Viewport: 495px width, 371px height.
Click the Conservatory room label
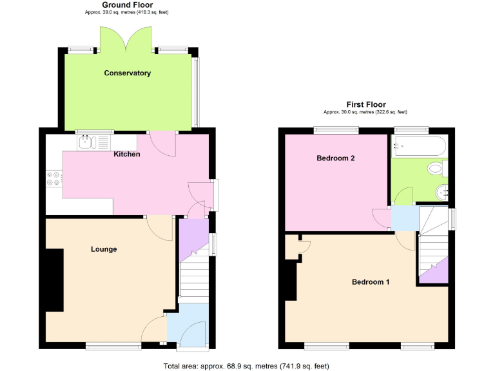[128, 73]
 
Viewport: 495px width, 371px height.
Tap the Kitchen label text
[127, 155]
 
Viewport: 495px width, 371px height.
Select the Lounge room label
[104, 249]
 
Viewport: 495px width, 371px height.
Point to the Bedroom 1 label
[371, 282]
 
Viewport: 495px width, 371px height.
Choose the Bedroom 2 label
[336, 158]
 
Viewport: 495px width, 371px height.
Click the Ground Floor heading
[128, 5]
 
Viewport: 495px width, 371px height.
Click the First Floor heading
[366, 104]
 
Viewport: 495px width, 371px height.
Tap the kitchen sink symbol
[93, 142]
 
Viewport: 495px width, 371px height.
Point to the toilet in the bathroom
[437, 169]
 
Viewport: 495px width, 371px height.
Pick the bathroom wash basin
[442, 191]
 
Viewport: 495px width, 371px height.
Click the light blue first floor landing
[404, 217]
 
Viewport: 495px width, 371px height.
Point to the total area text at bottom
[247, 366]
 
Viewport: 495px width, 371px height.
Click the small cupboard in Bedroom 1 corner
[294, 247]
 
